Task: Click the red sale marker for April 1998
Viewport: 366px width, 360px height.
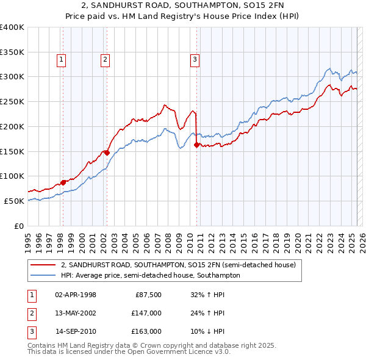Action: tap(63, 182)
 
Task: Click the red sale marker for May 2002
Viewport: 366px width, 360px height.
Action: tap(107, 153)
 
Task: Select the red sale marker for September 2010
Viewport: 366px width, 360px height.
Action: tap(196, 145)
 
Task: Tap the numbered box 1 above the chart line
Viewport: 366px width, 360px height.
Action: tap(63, 59)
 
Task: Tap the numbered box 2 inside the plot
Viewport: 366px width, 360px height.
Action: tap(106, 59)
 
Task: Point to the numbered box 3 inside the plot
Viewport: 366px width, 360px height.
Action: tap(195, 59)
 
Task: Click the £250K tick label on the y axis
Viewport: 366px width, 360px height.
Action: tap(12, 102)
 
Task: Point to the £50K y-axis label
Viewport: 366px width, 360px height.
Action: tap(14, 201)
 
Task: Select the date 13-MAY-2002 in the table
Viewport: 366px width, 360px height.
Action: tap(76, 313)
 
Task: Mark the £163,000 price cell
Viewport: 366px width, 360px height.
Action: tap(146, 331)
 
